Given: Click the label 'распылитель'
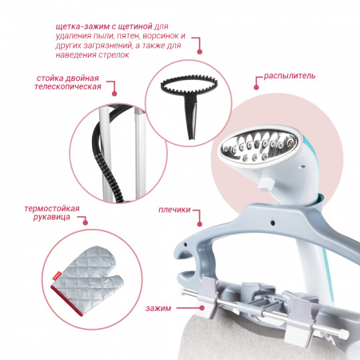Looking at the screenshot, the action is pos(290,76).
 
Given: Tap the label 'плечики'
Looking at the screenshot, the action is pos(174,210).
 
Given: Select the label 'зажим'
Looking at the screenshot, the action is pos(158,309).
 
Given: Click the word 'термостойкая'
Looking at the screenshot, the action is pos(52,209).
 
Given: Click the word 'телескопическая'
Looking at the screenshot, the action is pos(68,86).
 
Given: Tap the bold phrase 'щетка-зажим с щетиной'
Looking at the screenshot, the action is pos(104,26).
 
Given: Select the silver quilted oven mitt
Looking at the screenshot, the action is pos(87,279).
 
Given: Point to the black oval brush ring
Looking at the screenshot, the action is pos(189,84).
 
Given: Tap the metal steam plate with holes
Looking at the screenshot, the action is pos(258,146).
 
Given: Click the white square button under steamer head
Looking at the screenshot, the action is pos(266,185).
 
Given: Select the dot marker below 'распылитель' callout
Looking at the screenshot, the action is pos(256,87).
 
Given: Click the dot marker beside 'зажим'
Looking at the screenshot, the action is pos(202,308).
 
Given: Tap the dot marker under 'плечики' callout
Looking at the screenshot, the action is pos(199,224).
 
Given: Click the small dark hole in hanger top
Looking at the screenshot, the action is pos(272,222).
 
